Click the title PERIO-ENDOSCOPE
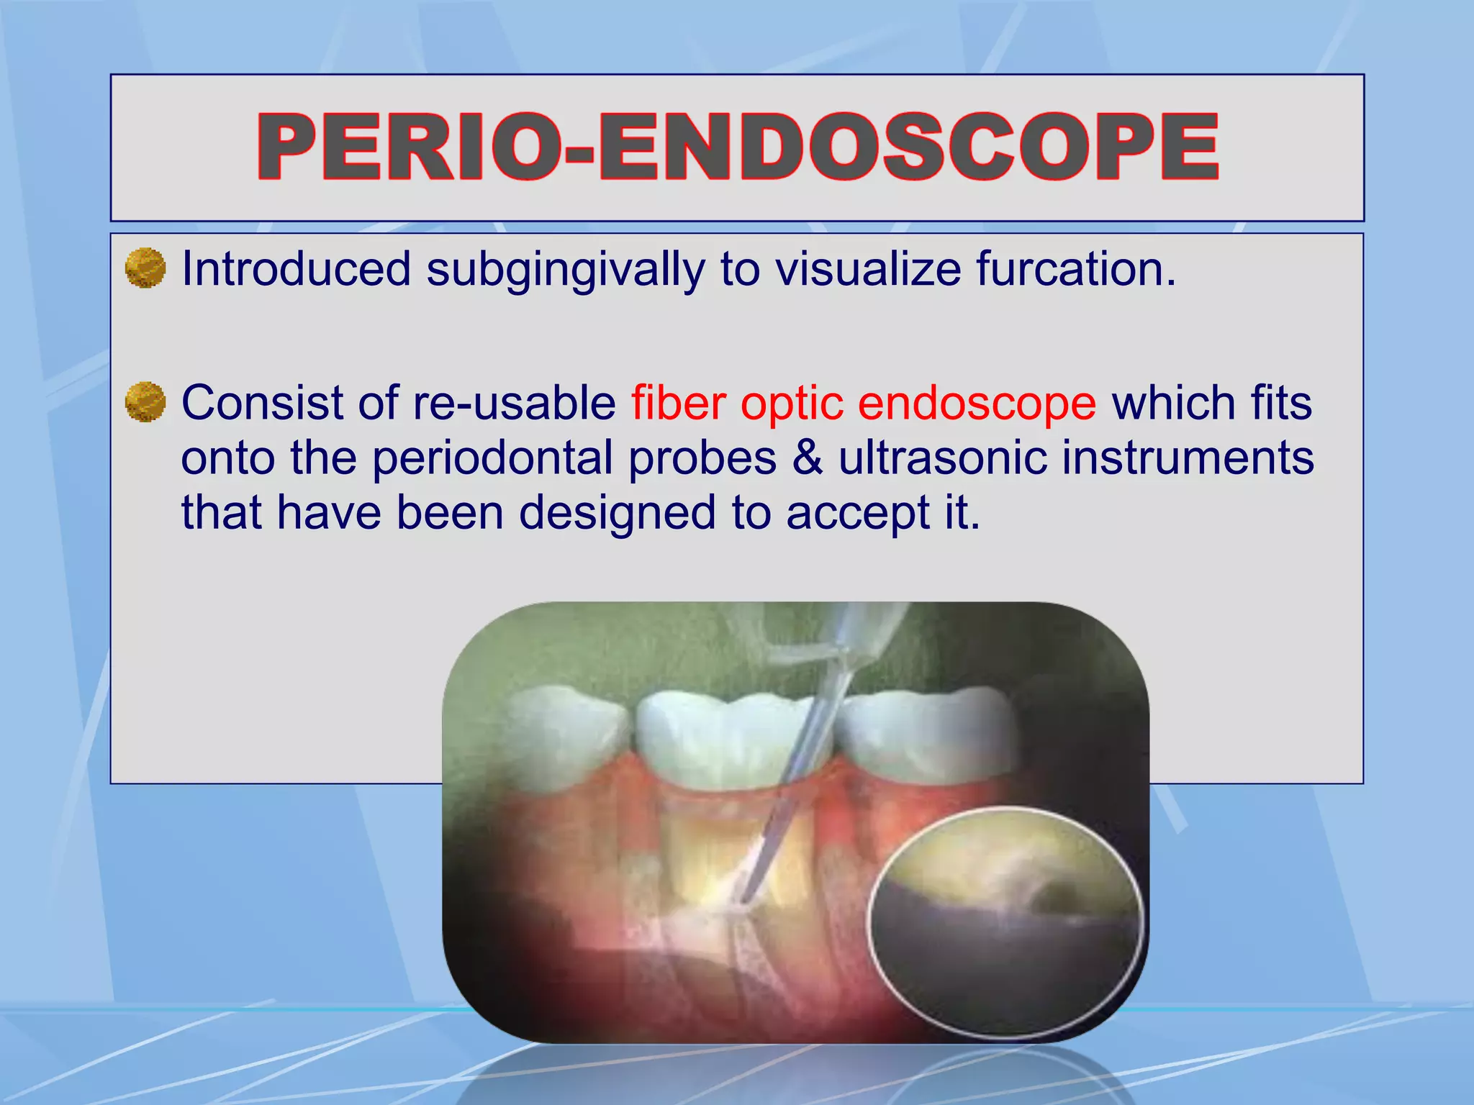point(737,147)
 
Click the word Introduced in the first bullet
point(296,269)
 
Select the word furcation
point(1075,269)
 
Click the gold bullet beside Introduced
point(145,268)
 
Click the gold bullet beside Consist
point(145,401)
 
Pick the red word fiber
point(679,402)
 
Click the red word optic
point(792,404)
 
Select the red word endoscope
point(977,404)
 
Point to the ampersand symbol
point(808,458)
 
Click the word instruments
point(1188,458)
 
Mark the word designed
point(618,514)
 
